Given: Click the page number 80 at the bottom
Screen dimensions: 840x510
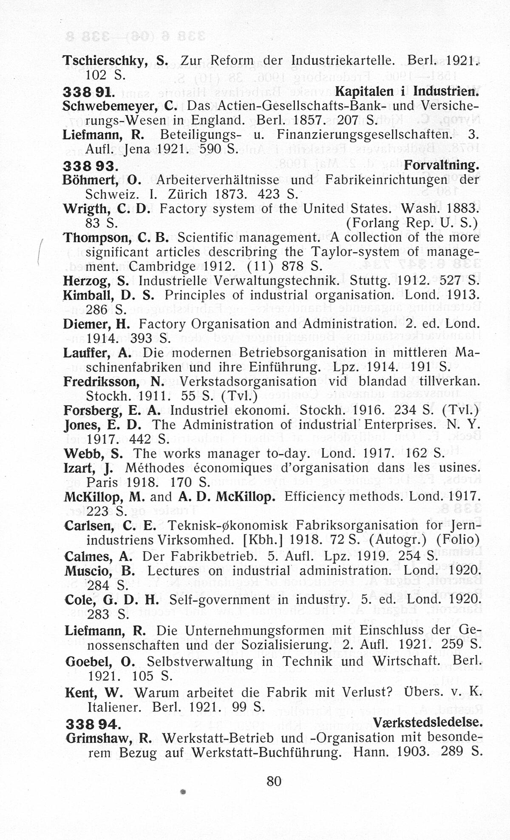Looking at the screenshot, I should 274,781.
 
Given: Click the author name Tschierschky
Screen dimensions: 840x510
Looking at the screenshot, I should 105,61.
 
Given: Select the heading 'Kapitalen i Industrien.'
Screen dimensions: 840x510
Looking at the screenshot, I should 407,91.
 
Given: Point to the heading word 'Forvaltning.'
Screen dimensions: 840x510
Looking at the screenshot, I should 442,165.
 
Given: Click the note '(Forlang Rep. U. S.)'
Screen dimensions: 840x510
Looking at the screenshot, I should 412,223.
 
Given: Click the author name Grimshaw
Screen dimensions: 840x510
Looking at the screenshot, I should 101,738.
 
